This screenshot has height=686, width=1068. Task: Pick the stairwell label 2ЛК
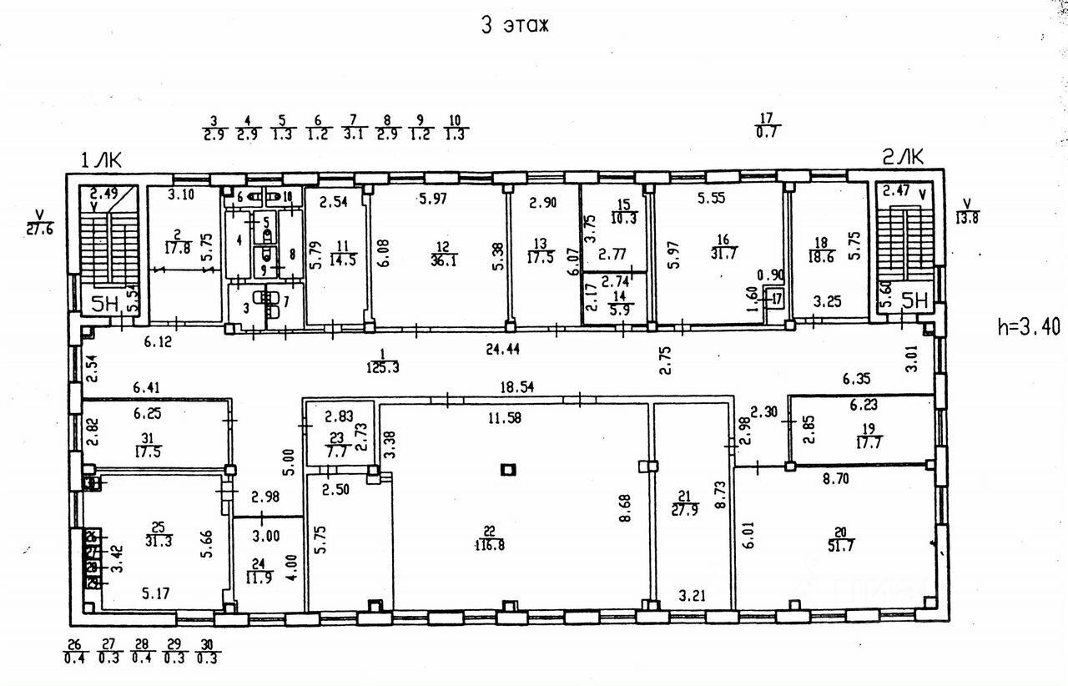click(902, 155)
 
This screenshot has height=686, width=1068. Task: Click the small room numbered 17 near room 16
click(776, 298)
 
